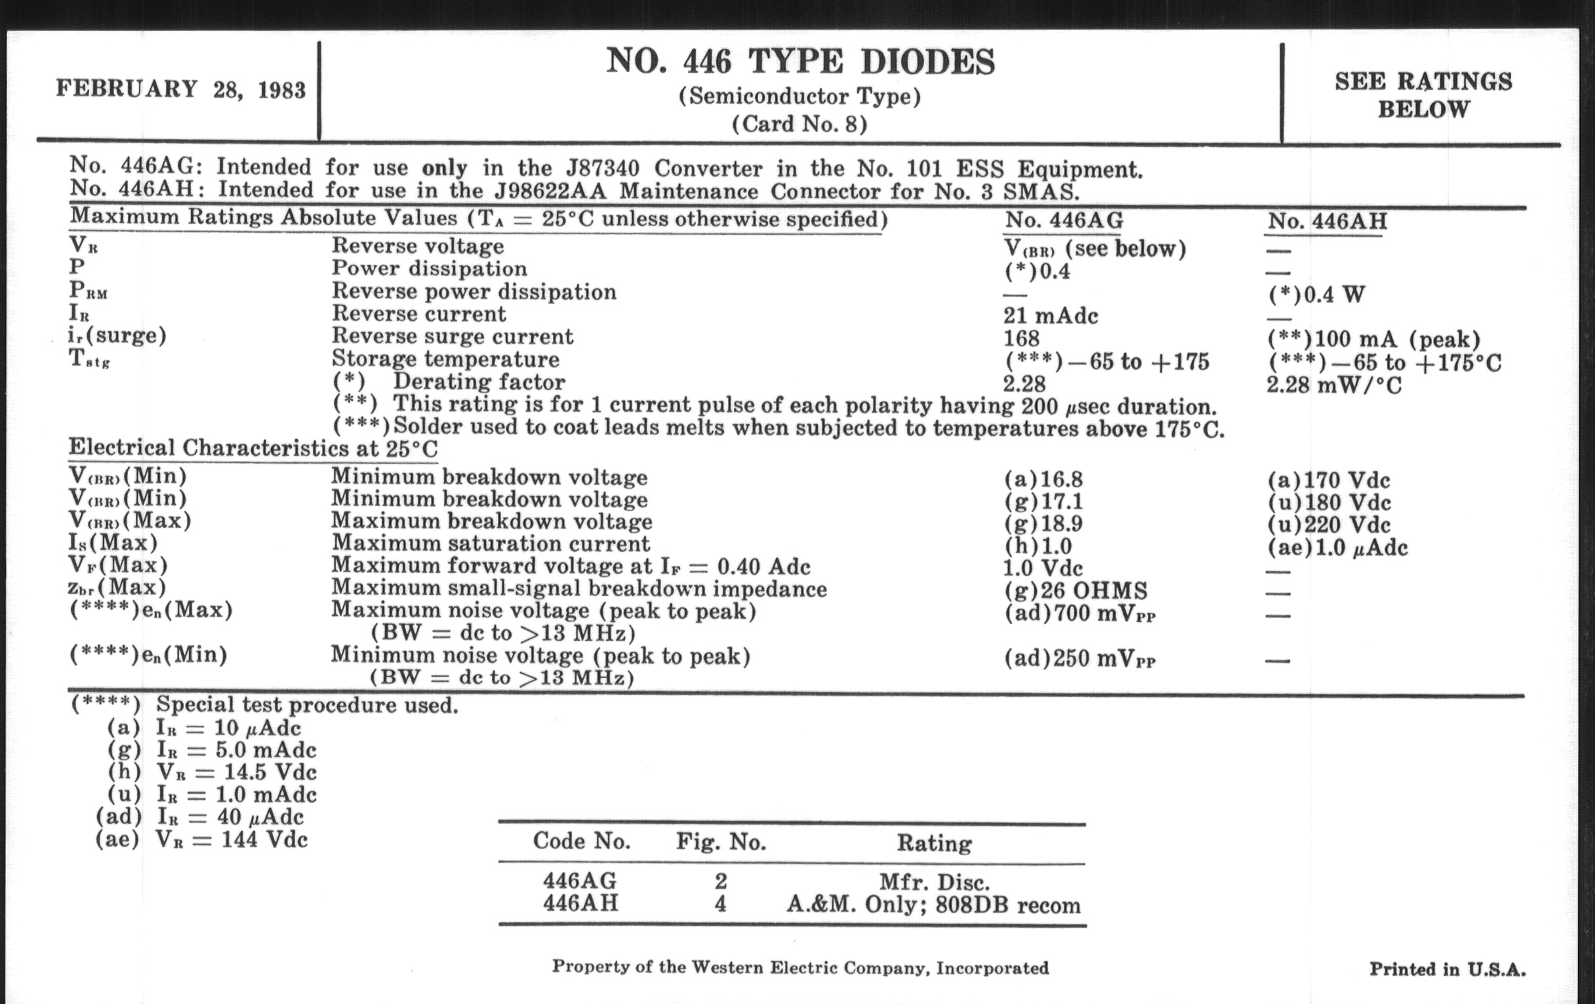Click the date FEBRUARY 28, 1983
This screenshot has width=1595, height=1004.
coord(180,89)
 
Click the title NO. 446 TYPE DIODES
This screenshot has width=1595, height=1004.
coord(800,62)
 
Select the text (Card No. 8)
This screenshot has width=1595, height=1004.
coord(799,125)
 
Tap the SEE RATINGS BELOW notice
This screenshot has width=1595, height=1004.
coord(1423,95)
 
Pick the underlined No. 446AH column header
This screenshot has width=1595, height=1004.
coord(1327,221)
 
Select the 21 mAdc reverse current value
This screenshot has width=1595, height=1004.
coord(1051,316)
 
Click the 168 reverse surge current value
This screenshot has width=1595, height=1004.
coord(1021,338)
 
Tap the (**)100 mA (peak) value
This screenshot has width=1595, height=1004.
coord(1373,339)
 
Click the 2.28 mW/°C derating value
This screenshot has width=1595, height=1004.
coord(1334,385)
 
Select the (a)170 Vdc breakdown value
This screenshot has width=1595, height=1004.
coord(1329,480)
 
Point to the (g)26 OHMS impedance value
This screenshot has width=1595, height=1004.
coord(1076,590)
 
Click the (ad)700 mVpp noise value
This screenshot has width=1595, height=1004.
coord(1080,614)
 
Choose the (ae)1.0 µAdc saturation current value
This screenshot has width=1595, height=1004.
coord(1337,547)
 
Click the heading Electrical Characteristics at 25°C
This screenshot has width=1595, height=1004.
coord(253,449)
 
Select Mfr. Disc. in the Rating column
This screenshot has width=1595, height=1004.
coord(934,882)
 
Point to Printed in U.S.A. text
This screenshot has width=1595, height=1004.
coord(1447,969)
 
